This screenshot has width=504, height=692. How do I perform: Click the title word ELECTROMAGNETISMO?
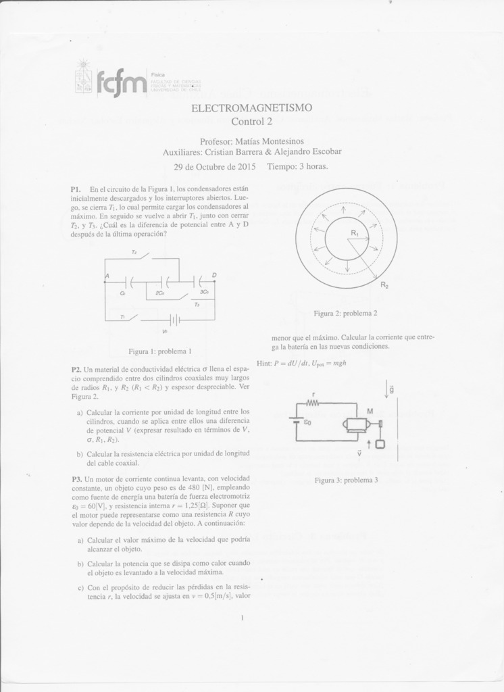(251, 108)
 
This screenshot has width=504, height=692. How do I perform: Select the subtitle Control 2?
(251, 122)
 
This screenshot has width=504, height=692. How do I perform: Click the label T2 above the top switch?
(134, 251)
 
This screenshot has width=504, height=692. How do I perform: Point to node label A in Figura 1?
(107, 276)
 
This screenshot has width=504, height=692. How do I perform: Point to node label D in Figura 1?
(214, 275)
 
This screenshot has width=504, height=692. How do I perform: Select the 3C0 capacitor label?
(203, 293)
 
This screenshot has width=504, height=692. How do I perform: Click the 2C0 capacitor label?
(159, 293)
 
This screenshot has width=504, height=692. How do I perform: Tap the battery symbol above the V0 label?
(174, 320)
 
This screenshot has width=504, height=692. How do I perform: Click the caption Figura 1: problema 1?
(160, 351)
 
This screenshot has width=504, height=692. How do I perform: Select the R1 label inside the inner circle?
(354, 233)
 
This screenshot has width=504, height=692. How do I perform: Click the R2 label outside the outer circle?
(384, 285)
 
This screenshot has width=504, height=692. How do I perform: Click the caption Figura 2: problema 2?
(345, 314)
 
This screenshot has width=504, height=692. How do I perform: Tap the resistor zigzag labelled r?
(313, 403)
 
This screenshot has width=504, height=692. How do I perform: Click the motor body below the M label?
(355, 424)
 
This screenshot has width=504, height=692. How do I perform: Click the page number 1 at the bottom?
(241, 617)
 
